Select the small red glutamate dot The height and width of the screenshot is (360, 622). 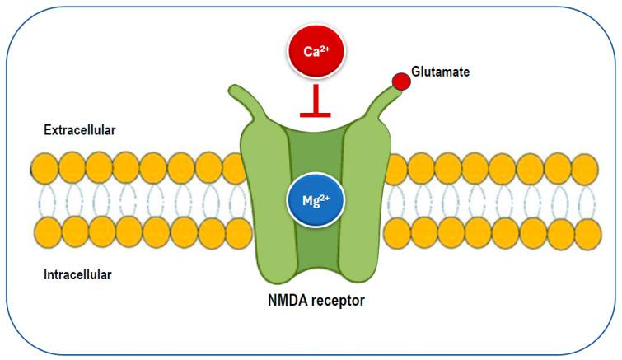[x=400, y=82]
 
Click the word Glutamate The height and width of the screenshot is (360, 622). [x=441, y=72]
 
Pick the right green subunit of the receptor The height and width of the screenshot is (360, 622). [x=362, y=206]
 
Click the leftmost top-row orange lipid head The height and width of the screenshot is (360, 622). [x=45, y=169]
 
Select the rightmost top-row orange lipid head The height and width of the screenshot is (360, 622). [x=584, y=169]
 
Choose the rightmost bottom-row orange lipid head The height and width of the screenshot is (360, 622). [x=584, y=231]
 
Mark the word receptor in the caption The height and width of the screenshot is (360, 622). [x=339, y=300]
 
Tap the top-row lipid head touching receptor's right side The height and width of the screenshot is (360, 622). [x=395, y=169]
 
